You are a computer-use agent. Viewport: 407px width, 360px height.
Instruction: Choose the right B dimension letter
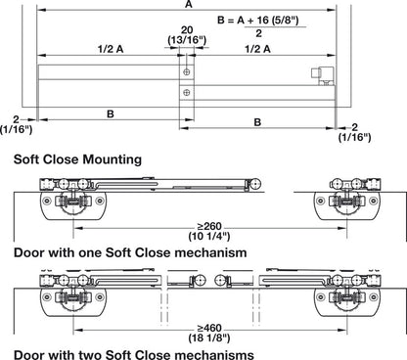tap(257, 122)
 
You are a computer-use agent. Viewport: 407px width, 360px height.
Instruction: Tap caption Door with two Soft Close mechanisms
tap(148, 352)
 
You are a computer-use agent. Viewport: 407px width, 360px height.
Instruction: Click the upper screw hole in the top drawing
tap(184, 73)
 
